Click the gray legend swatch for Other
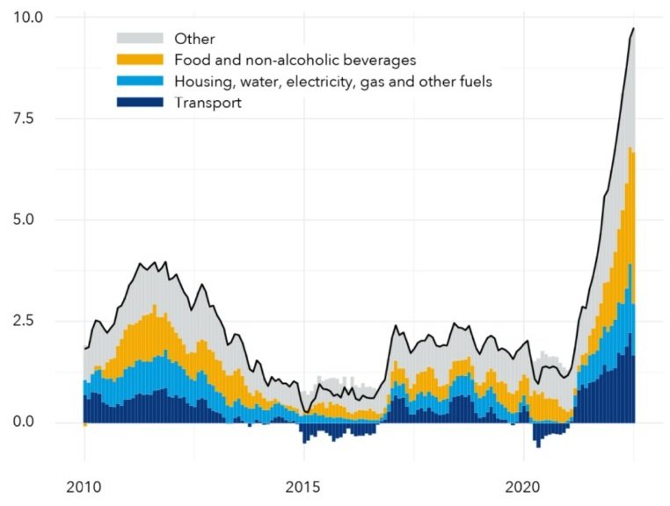pyautogui.click(x=140, y=38)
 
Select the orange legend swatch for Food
pyautogui.click(x=140, y=60)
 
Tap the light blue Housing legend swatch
pyautogui.click(x=140, y=81)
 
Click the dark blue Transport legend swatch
pyautogui.click(x=140, y=103)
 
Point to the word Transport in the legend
pyautogui.click(x=208, y=103)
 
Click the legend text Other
pyautogui.click(x=194, y=38)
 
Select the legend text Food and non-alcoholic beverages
pyautogui.click(x=295, y=60)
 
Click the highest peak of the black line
pyautogui.click(x=633, y=29)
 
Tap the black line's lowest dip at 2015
pyautogui.click(x=304, y=413)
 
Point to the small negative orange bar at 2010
pyautogui.click(x=85, y=425)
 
